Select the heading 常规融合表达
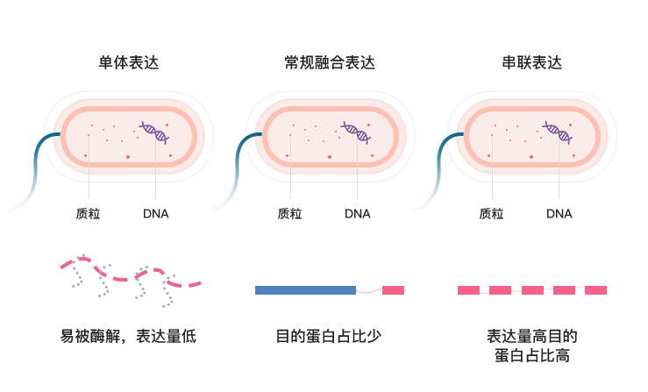point(329,62)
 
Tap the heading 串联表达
point(531,62)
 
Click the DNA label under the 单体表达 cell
point(155,213)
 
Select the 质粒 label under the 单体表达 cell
point(88,213)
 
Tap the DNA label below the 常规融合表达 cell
point(357,213)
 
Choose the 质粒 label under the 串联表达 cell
point(491,213)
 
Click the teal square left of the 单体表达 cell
point(34,171)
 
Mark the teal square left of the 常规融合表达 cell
point(235,171)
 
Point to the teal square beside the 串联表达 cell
point(437,171)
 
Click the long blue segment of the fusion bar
point(304,289)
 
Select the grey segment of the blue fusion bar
point(369,289)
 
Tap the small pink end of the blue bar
point(394,289)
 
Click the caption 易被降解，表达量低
point(128,336)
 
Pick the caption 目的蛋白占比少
point(329,336)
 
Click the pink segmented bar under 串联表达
point(531,289)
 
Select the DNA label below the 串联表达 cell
point(559,213)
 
